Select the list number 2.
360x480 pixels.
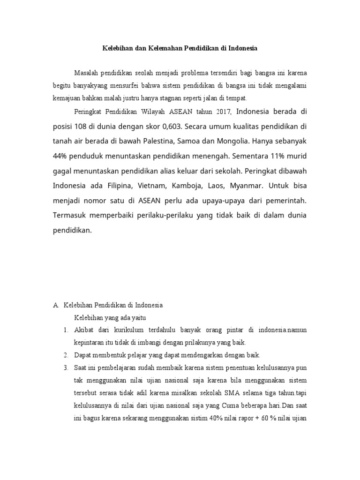[66, 354]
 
